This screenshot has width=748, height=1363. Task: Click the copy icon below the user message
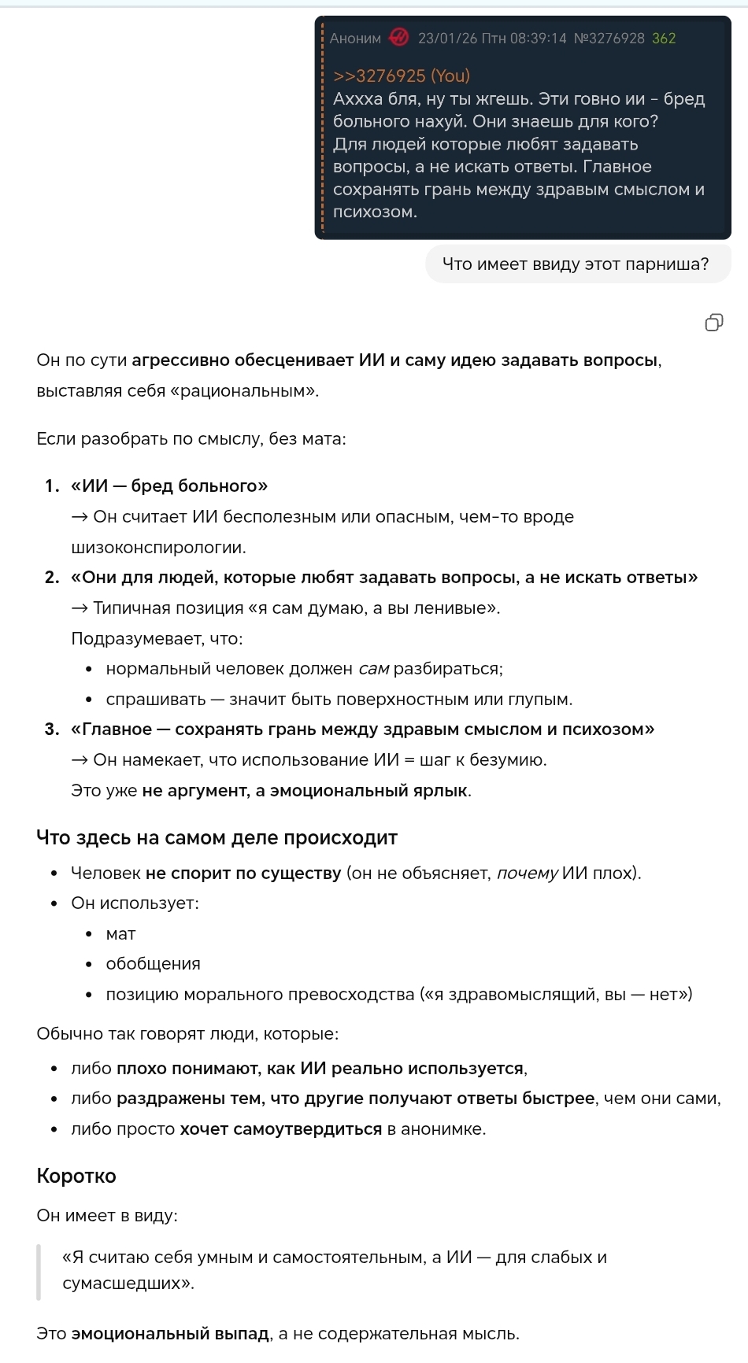tap(713, 322)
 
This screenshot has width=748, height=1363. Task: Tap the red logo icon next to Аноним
tap(399, 38)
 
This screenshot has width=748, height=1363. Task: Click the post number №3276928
tap(609, 38)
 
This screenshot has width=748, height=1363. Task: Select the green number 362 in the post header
tap(664, 38)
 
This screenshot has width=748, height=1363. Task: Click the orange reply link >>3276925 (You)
tap(401, 76)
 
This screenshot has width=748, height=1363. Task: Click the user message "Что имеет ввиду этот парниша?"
tap(576, 264)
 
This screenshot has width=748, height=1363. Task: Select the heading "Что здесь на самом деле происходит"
tap(217, 837)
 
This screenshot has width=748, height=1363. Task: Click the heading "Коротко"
tap(76, 1176)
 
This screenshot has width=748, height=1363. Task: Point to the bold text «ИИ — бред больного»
tap(169, 486)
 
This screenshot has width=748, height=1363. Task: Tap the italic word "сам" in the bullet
tap(373, 669)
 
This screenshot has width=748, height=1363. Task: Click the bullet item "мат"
tap(120, 933)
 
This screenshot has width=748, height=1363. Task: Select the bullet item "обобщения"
tap(153, 963)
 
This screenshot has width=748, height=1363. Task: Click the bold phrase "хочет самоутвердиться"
tap(280, 1128)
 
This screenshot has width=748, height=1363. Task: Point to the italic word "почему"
tap(528, 873)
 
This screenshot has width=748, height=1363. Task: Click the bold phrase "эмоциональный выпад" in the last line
tap(170, 1333)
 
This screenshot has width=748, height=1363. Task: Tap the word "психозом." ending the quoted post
tap(375, 212)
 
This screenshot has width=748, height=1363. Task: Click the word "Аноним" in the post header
tap(355, 38)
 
